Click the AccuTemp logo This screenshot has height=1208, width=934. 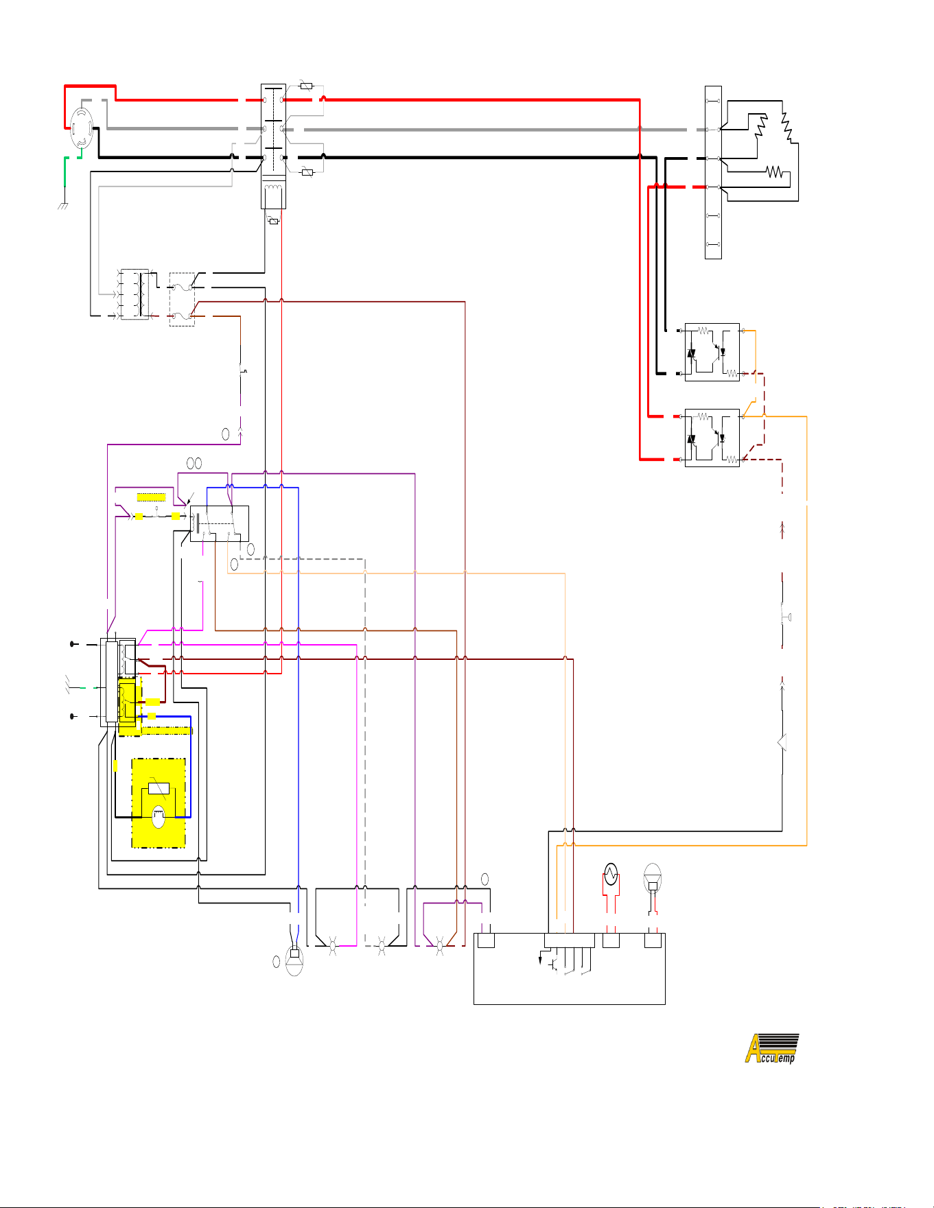click(x=772, y=1048)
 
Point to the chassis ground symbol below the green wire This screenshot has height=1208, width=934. click(x=63, y=204)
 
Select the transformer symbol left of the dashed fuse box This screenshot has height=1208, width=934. click(x=135, y=294)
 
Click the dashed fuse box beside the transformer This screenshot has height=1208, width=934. click(x=182, y=299)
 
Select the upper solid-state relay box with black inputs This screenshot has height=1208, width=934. click(x=712, y=352)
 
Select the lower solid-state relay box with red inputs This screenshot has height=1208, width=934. click(x=712, y=438)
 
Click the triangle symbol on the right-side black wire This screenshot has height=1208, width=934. click(x=782, y=742)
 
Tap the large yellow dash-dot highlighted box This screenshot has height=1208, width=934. click(x=159, y=803)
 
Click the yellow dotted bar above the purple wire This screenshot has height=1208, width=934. click(x=152, y=497)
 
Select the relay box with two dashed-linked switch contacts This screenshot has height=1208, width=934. click(x=220, y=523)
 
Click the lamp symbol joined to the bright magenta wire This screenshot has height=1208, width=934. click(x=334, y=946)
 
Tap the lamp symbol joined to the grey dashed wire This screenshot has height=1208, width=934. click(x=382, y=946)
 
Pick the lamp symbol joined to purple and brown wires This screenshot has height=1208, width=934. click(x=440, y=946)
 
